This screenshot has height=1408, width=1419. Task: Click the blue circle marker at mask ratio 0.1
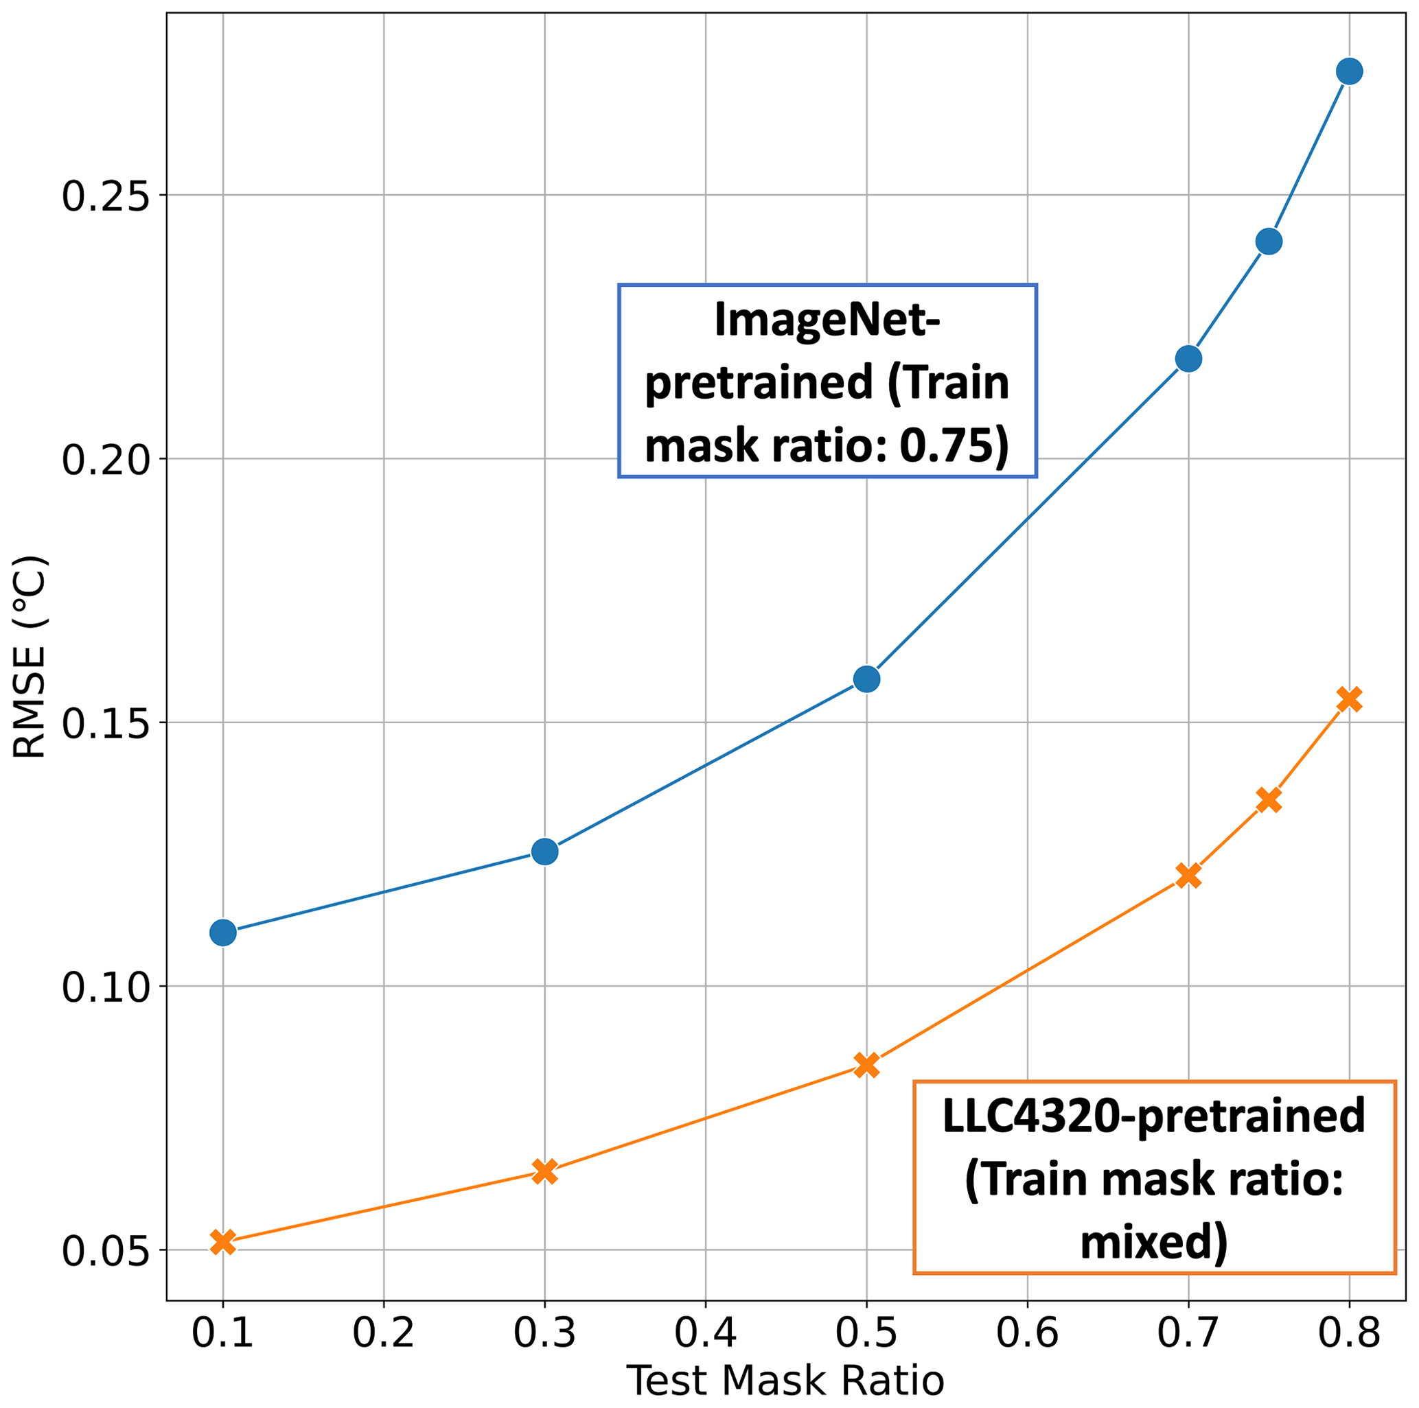pos(222,932)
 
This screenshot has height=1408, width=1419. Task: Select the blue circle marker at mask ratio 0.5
pos(866,679)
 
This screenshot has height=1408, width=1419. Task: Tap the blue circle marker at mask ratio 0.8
pos(1349,71)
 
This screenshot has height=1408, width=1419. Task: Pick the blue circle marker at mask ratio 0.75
pos(1269,241)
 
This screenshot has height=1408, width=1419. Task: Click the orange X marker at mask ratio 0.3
pos(544,1172)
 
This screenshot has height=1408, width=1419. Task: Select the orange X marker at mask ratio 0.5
pos(866,1065)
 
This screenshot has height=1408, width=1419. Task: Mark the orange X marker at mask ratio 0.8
pos(1349,699)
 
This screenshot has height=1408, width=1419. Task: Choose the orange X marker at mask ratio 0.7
pos(1188,875)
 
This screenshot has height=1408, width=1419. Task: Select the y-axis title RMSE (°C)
pos(31,657)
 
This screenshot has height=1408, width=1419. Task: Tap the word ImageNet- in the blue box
pos(827,322)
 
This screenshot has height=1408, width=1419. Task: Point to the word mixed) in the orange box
pos(1153,1242)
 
